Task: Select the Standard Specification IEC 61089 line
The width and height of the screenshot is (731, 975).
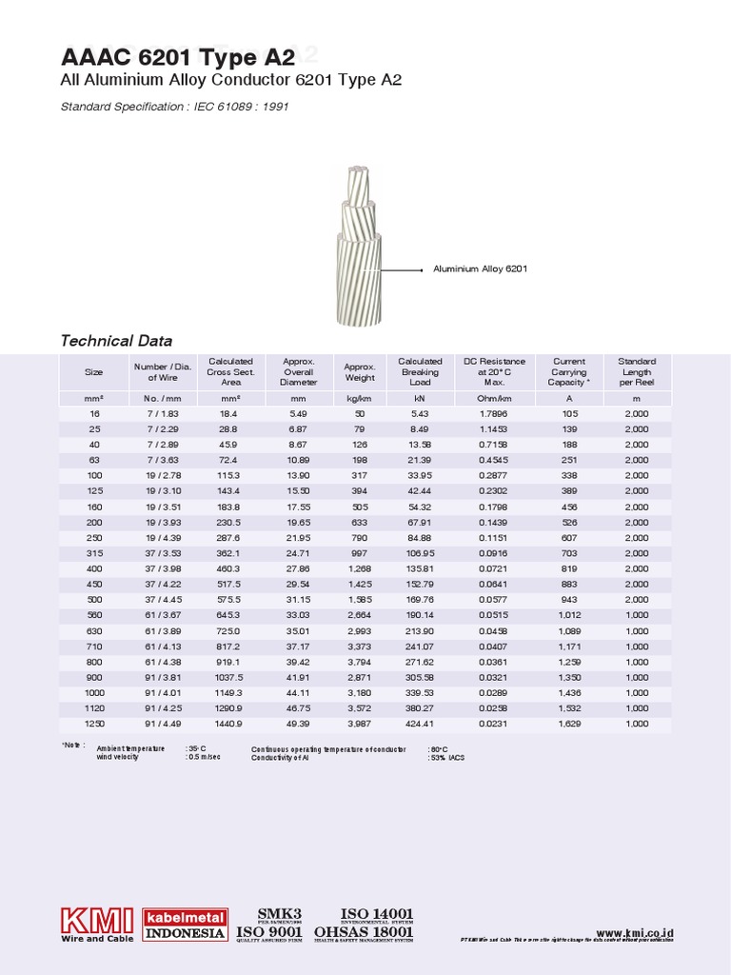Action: click(174, 107)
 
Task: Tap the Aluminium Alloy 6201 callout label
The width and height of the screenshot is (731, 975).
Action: click(480, 269)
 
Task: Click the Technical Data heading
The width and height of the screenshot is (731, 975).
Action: click(116, 341)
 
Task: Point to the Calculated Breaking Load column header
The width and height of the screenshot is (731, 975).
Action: click(420, 371)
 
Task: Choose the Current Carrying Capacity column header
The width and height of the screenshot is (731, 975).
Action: click(569, 371)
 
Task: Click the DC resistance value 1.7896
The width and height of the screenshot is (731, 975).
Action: click(494, 414)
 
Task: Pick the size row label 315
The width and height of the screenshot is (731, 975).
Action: click(93, 554)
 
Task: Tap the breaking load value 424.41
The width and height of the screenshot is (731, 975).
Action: click(420, 725)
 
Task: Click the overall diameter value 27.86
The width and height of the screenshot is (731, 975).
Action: click(298, 569)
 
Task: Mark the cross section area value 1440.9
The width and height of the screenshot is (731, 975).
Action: click(230, 725)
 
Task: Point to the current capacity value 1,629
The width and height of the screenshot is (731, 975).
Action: click(569, 725)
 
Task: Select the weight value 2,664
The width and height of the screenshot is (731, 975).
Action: click(359, 616)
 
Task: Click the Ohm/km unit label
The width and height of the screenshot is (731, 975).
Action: click(494, 398)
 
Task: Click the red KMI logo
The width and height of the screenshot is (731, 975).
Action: click(97, 925)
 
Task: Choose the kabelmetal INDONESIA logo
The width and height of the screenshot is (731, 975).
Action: click(185, 925)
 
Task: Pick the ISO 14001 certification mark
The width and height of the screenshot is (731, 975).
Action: click(377, 916)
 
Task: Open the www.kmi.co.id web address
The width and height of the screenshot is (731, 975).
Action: click(635, 935)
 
